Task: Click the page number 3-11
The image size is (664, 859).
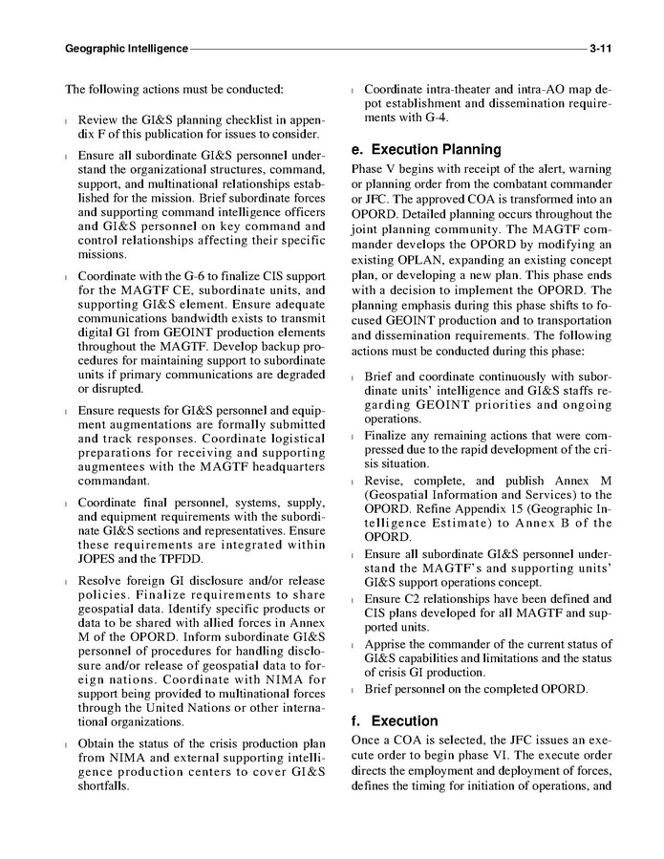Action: pyautogui.click(x=601, y=47)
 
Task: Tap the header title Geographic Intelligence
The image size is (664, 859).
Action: pyautogui.click(x=126, y=47)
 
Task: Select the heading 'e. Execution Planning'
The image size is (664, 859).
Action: pyautogui.click(x=426, y=150)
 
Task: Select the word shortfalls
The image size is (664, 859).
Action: pyautogui.click(x=103, y=786)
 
